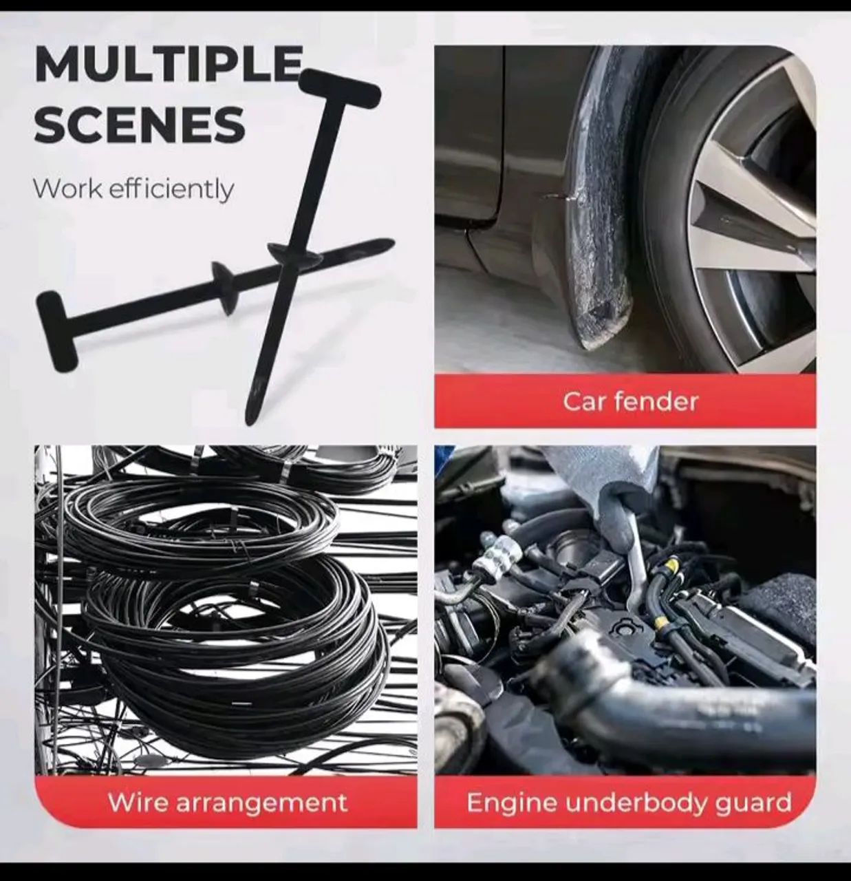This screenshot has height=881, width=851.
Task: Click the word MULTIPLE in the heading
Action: click(x=169, y=65)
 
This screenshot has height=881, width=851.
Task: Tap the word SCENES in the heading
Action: click(x=140, y=124)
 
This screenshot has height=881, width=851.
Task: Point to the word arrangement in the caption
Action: click(x=261, y=805)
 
